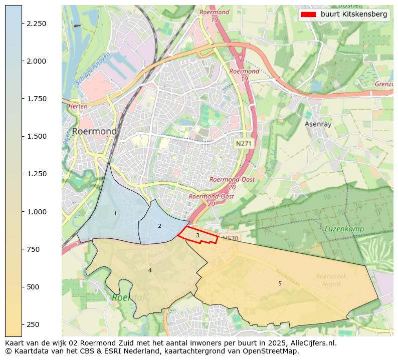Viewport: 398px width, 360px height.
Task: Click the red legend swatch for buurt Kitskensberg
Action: click(x=309, y=15)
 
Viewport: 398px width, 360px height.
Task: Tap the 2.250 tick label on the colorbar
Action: click(x=36, y=24)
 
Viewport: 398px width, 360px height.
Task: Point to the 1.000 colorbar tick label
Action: click(x=36, y=212)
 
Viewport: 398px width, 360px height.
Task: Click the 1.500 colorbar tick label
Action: click(x=36, y=136)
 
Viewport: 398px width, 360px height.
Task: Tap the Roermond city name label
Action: click(x=94, y=131)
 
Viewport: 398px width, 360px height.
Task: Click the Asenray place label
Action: click(x=318, y=124)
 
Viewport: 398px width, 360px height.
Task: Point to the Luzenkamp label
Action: click(x=343, y=229)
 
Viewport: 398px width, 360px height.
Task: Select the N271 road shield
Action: click(x=244, y=144)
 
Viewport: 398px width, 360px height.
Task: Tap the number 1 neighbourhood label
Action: click(x=115, y=214)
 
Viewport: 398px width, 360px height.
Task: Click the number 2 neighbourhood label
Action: click(x=159, y=226)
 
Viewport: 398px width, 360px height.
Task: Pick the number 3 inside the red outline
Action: click(x=197, y=235)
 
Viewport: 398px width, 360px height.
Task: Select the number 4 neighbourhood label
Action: click(x=150, y=271)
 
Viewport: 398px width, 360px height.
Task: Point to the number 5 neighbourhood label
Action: click(x=280, y=284)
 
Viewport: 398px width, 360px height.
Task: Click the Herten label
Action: click(x=78, y=106)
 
